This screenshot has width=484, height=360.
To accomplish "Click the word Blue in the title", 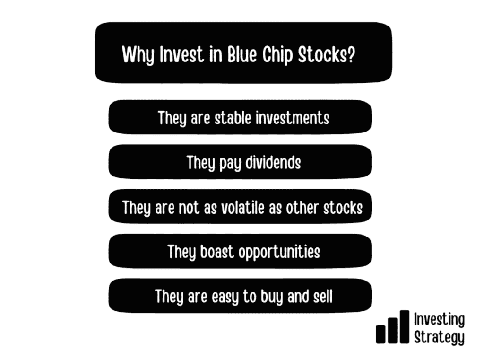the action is [x=242, y=54].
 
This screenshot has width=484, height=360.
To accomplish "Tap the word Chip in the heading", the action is [x=277, y=55].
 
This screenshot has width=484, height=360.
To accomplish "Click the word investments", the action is [x=293, y=118].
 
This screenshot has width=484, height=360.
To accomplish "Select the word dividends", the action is [x=273, y=162].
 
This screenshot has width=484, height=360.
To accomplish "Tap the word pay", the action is [x=230, y=164].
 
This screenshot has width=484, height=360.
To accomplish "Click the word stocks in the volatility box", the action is [x=343, y=207].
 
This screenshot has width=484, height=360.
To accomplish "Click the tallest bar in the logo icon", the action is [x=405, y=327].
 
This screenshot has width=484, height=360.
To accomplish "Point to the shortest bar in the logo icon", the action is [x=380, y=334].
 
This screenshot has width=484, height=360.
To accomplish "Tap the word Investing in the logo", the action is [x=439, y=319].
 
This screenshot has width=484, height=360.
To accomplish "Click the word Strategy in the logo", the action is [x=439, y=337].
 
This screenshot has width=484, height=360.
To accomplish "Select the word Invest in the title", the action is [x=182, y=54].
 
